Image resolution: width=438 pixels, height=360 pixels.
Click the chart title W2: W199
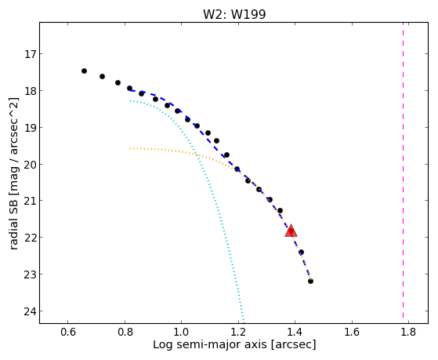pos(234,14)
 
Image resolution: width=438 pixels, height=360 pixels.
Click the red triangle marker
pos(291,231)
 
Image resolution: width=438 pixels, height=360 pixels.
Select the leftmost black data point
pos(84,71)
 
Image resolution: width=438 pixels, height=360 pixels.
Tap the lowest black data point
pos(310,281)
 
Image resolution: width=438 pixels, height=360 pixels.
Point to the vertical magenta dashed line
pos(403,170)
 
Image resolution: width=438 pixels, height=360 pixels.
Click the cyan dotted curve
pos(212,193)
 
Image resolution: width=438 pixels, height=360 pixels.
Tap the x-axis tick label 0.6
pos(68,332)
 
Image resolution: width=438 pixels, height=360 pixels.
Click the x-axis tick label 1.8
pos(408,332)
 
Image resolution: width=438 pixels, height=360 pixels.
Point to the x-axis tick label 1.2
pos(238,332)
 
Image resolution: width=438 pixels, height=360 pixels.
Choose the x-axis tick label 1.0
pos(181,332)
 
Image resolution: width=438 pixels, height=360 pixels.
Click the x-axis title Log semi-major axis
pos(210,344)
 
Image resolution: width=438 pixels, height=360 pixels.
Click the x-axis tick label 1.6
pos(352,332)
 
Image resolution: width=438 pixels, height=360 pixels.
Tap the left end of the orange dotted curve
pos(130,148)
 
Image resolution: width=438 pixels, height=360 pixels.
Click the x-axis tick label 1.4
pos(295,332)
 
